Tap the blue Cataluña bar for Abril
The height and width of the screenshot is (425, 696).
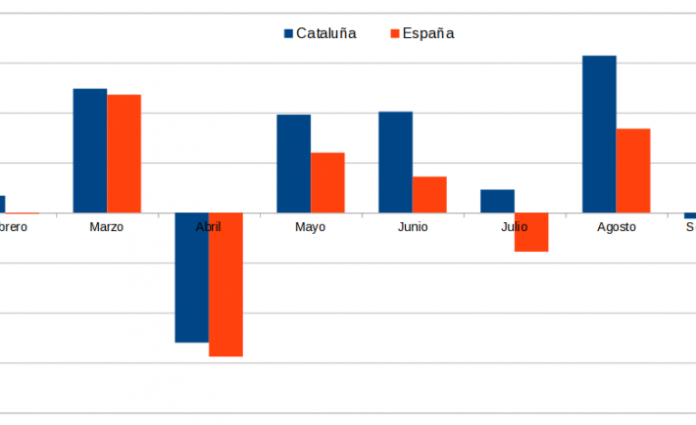(192, 277)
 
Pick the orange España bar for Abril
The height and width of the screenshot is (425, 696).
(225, 284)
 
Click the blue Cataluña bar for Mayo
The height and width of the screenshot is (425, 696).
(294, 164)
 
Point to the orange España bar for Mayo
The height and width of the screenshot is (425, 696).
(327, 182)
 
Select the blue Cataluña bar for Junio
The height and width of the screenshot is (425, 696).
(395, 162)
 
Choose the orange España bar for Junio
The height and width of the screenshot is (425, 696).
(429, 194)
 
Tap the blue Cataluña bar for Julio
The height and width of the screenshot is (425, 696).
(497, 201)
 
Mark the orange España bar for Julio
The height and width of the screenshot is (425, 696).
(531, 232)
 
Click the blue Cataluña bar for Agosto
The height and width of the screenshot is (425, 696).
(599, 134)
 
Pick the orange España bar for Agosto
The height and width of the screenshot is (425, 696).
(633, 170)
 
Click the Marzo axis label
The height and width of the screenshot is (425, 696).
(106, 227)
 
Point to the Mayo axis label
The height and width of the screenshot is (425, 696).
(310, 227)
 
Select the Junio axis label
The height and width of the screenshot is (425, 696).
(412, 227)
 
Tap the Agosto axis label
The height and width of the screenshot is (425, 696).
(616, 227)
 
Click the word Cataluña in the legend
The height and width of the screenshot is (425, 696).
(326, 33)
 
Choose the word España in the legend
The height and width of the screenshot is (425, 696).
(428, 33)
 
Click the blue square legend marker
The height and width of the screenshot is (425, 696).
(289, 33)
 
